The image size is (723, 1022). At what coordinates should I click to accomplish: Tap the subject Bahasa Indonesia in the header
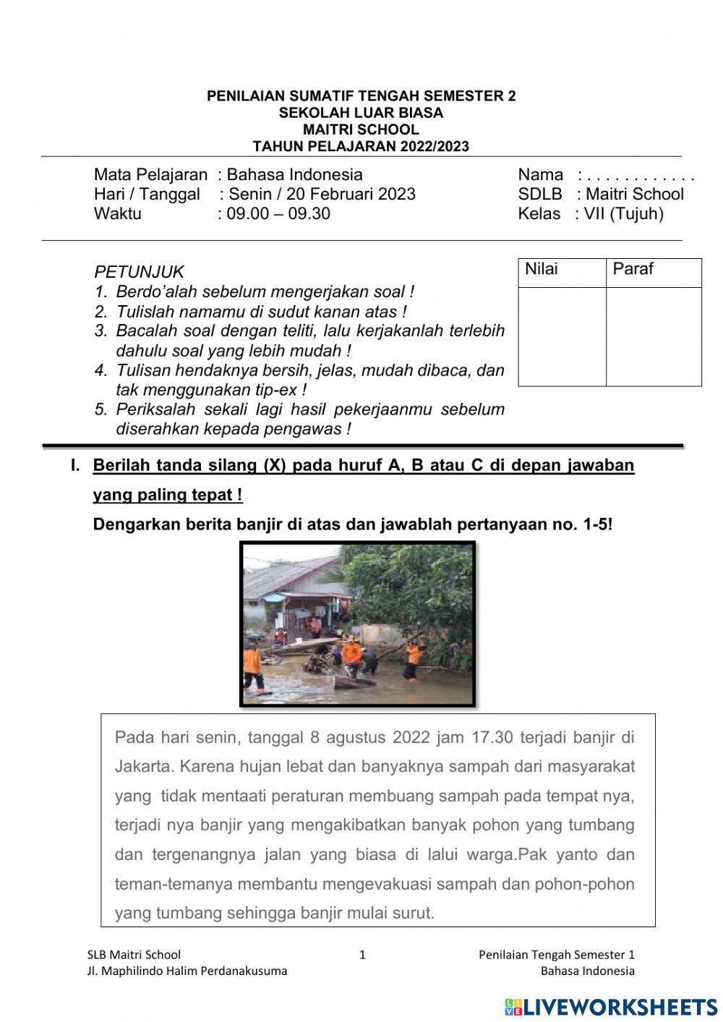(x=294, y=174)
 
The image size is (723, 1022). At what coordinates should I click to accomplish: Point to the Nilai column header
(x=542, y=269)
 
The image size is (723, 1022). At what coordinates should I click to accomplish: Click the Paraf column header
(x=633, y=269)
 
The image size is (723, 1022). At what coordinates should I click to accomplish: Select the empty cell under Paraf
(x=653, y=336)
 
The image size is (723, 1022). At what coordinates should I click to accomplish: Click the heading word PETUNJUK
(x=139, y=273)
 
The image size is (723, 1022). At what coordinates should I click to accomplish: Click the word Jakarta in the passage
(x=143, y=766)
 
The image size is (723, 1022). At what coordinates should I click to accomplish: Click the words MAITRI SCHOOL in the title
(x=361, y=130)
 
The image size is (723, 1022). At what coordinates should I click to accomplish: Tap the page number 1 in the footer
(x=363, y=955)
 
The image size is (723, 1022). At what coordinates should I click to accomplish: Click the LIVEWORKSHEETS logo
(x=611, y=1007)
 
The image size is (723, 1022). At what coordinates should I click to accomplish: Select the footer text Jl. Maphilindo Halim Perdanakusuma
(x=187, y=971)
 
